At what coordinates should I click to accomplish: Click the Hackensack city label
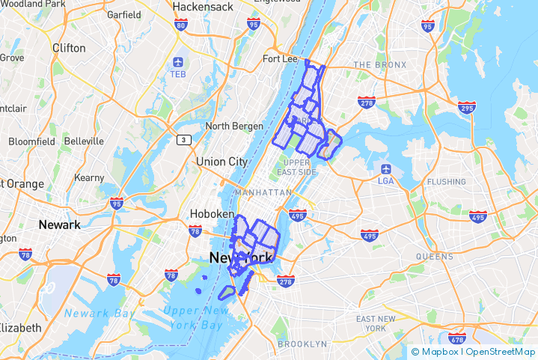coord(199,7)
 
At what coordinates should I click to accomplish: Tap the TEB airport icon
coord(178,62)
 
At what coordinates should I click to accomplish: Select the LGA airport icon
coord(386,168)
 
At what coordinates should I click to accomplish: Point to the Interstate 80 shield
coord(180,25)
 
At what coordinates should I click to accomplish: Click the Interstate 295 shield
coord(468,108)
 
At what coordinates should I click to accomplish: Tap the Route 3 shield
coord(184,140)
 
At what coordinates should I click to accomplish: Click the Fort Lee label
coord(281,59)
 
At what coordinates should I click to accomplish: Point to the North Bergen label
coord(234,126)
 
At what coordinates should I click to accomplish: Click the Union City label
coord(221,162)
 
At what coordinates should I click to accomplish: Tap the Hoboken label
coord(212,213)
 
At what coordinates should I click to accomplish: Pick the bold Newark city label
coord(59,225)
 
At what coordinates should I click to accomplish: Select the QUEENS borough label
coord(434,256)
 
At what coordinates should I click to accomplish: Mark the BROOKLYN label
coord(302,344)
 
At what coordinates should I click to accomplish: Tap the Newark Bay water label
coord(97,313)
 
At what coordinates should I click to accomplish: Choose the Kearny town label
coord(89,178)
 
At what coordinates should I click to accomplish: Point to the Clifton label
coord(69,47)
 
